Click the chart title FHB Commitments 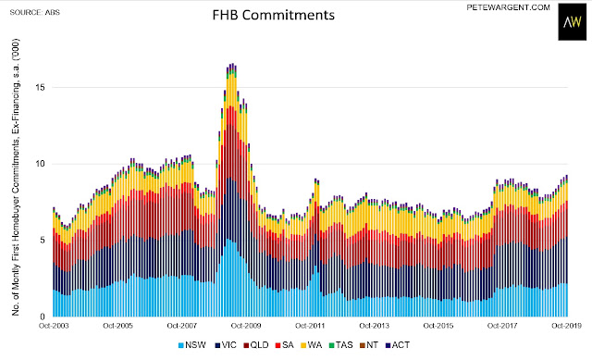(274, 15)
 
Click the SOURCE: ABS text (35, 12)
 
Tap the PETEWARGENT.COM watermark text (508, 7)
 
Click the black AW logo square (573, 22)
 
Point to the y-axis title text (16, 177)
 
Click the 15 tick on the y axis (40, 87)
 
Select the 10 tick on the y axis (40, 164)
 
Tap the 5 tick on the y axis (43, 241)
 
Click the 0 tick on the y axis (43, 317)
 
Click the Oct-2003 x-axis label (54, 326)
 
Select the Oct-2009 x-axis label (246, 326)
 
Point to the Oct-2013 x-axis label (374, 326)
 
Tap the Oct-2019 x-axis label (566, 326)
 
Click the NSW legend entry (192, 345)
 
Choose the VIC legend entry (226, 345)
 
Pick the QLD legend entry (256, 345)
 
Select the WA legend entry (312, 345)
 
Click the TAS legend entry (341, 345)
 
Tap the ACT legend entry (398, 345)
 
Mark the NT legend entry (369, 345)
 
